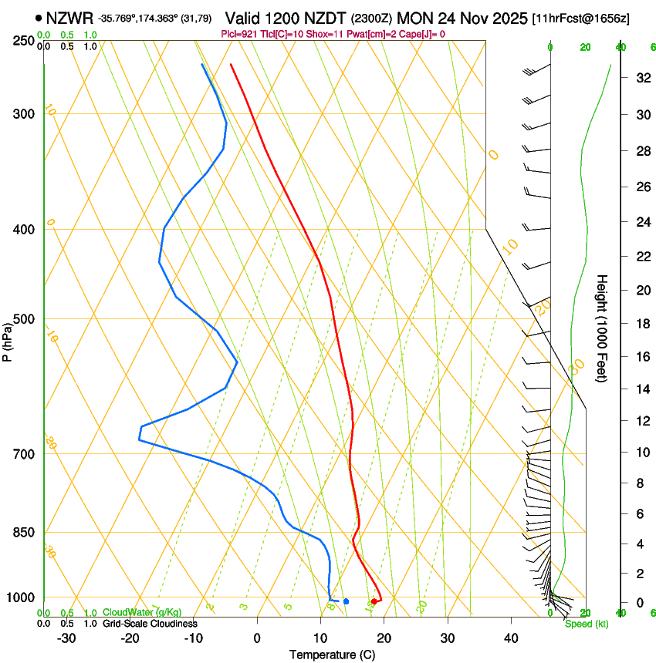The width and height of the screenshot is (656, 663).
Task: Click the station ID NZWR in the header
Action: (x=69, y=18)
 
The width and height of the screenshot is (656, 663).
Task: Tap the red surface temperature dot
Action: (x=374, y=601)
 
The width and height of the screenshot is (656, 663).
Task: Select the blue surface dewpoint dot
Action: (x=347, y=601)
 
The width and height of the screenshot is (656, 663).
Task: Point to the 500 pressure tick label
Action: (x=22, y=319)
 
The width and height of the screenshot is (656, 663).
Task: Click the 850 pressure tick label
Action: (x=22, y=533)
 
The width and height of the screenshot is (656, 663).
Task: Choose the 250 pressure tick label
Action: (x=22, y=41)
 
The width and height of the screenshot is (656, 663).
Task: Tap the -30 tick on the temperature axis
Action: (x=66, y=638)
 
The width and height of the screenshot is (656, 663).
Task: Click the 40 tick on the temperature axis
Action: (x=511, y=638)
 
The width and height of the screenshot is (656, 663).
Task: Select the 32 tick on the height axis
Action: (x=642, y=78)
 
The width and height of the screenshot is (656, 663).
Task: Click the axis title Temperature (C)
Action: (x=332, y=655)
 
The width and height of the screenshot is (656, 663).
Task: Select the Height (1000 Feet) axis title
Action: (x=602, y=328)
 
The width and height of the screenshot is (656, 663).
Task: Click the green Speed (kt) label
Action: (x=586, y=624)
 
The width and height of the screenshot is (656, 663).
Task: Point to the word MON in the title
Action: (x=417, y=18)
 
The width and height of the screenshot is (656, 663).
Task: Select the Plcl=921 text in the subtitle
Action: (x=239, y=34)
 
